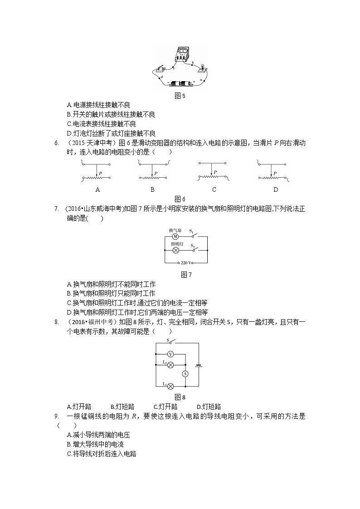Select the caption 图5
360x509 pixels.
tap(180, 96)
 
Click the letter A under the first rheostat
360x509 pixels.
tap(97, 189)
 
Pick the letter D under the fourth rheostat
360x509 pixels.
tap(275, 189)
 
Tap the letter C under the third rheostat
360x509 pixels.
tap(214, 189)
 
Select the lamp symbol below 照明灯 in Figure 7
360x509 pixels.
tap(175, 250)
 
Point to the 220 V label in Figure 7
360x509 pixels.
tap(186, 263)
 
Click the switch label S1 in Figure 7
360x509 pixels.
tap(191, 232)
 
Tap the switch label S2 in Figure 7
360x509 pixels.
tap(192, 245)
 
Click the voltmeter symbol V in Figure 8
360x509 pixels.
tap(170, 354)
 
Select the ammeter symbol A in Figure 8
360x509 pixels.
tap(185, 373)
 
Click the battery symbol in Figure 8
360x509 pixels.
tap(198, 365)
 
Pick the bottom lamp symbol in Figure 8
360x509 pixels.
tap(170, 386)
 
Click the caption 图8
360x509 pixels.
tap(180, 397)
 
